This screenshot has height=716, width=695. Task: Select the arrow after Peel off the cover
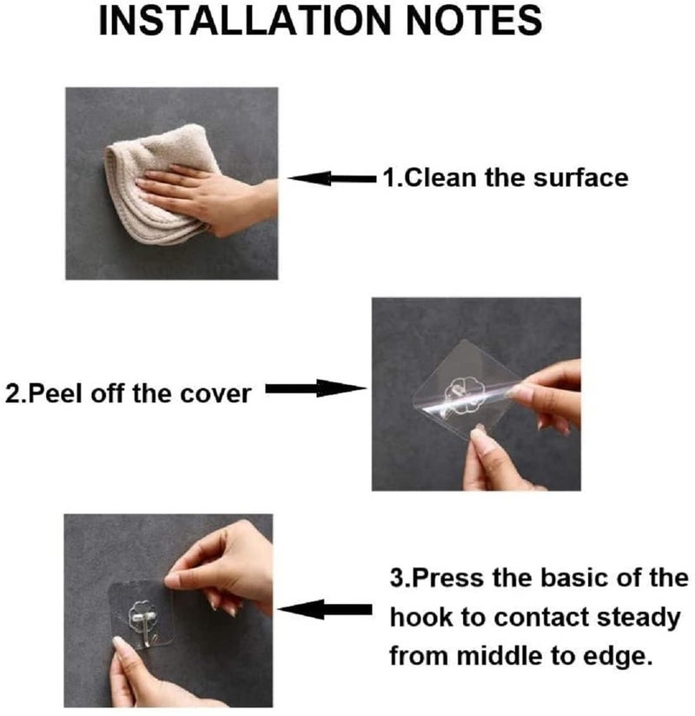tap(313, 389)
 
